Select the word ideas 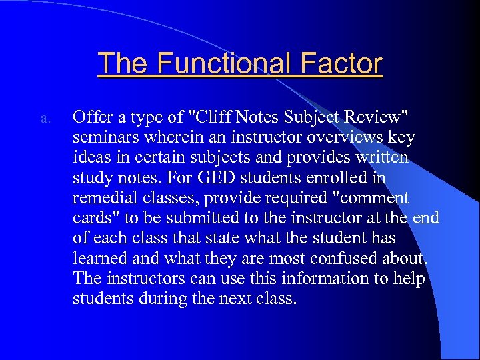(91, 158)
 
